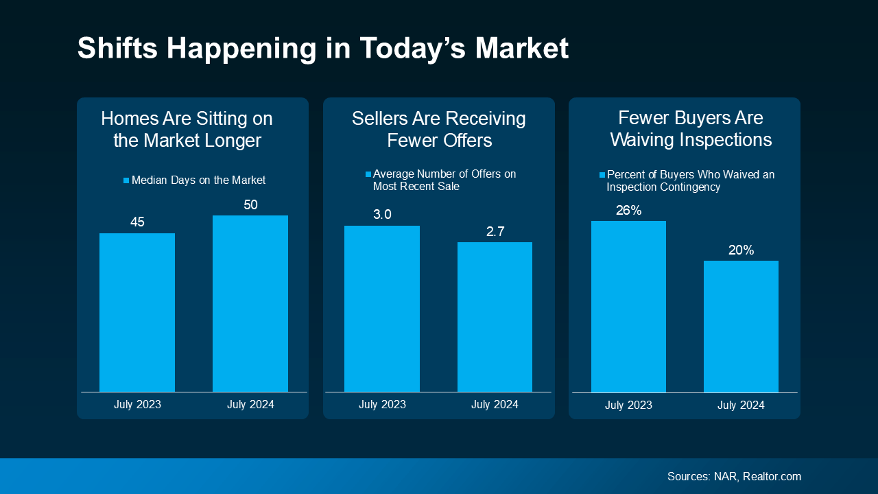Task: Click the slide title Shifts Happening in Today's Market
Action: coord(322,49)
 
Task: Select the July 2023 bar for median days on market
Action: coord(137,312)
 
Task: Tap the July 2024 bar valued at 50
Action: coord(250,303)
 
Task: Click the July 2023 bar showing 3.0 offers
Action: coord(382,309)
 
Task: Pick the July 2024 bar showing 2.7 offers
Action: coord(495,317)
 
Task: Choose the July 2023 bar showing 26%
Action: coord(628,306)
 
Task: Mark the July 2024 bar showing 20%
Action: coord(741,326)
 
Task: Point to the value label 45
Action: coord(137,222)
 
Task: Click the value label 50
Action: coord(250,204)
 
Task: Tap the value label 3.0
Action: coord(382,215)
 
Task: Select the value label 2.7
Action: coord(495,232)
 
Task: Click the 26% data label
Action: coord(628,211)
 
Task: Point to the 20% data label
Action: coord(741,250)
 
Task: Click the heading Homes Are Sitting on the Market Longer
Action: coord(187,130)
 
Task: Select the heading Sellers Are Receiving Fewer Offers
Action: coord(439,130)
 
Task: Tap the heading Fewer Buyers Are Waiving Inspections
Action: coord(691,130)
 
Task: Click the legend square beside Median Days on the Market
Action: coord(126,180)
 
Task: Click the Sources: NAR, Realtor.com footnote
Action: coord(734,476)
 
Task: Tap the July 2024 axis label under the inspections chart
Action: coord(741,405)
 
